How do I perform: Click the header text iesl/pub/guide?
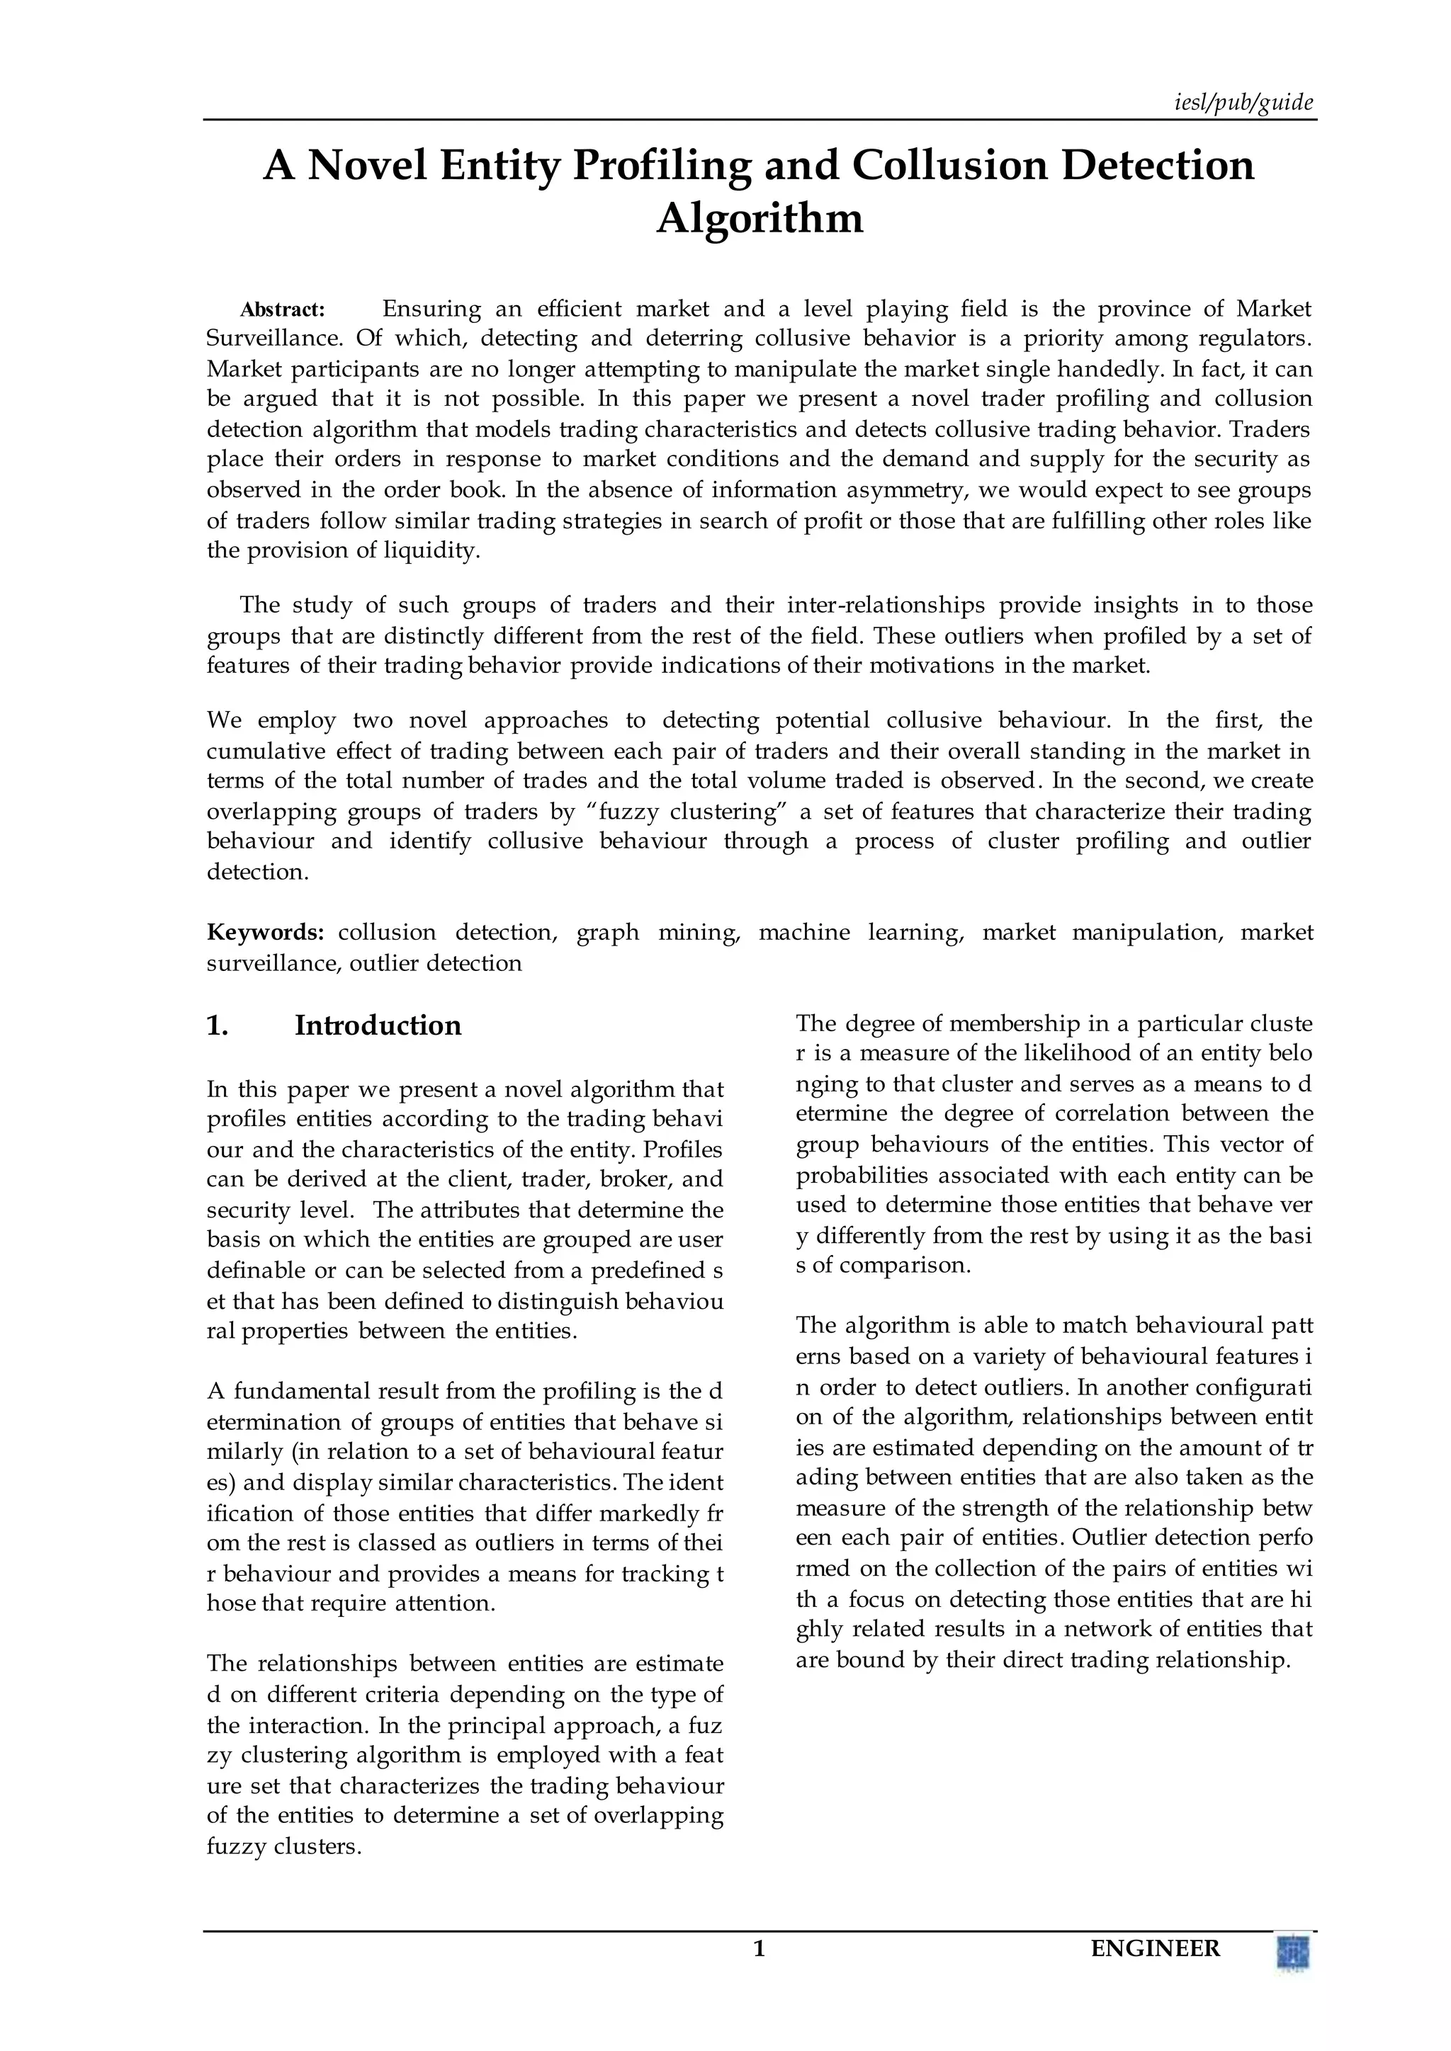click(x=1243, y=103)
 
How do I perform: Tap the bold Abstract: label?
click(x=283, y=310)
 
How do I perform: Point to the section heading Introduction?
click(x=378, y=1025)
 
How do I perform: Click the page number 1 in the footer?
click(x=760, y=1948)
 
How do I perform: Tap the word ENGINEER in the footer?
click(x=1156, y=1948)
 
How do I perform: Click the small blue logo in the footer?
click(x=1293, y=1951)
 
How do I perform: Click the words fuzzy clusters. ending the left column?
click(x=284, y=1846)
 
